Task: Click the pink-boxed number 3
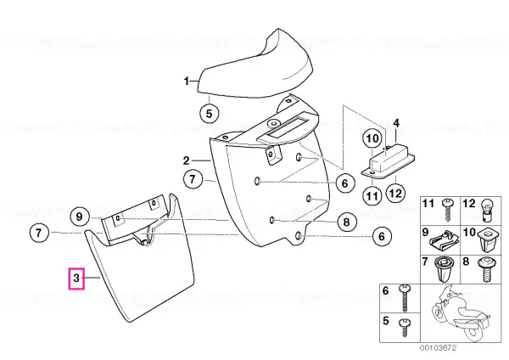tap(76, 278)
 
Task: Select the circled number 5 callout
tap(209, 114)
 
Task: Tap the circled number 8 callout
tap(347, 222)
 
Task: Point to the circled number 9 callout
tap(80, 217)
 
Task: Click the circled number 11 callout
tap(372, 195)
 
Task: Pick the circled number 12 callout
tap(395, 194)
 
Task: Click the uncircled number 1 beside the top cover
tap(187, 81)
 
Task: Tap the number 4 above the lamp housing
tap(396, 123)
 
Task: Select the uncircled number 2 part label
tap(186, 160)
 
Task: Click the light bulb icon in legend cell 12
tap(487, 210)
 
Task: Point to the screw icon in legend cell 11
tap(447, 210)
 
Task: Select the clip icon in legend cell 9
tap(442, 242)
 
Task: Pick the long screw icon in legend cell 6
tap(406, 298)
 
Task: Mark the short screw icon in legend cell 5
tap(405, 328)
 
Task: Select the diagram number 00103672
tap(438, 348)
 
